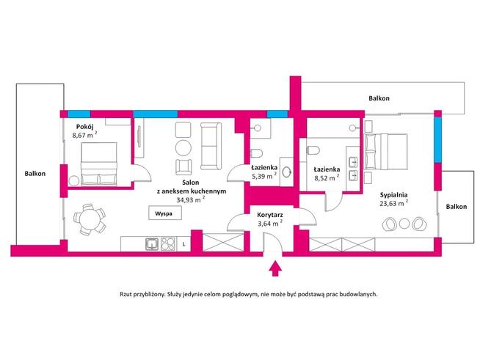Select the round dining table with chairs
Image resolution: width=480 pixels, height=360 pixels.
(88, 218)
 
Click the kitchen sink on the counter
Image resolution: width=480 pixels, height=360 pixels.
(151, 243)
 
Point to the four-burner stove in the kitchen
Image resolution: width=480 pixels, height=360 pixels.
(168, 243)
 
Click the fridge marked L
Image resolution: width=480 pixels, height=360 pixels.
(183, 243)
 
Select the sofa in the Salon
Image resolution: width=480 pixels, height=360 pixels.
(211, 144)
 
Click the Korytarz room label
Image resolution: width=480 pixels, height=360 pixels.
(271, 216)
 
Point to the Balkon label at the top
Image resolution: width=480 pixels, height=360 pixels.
(379, 98)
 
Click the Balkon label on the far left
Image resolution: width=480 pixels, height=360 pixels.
(34, 174)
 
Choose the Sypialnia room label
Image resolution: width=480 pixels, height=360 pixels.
(396, 195)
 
